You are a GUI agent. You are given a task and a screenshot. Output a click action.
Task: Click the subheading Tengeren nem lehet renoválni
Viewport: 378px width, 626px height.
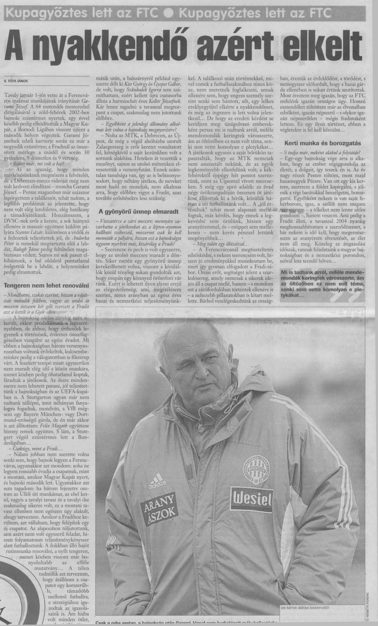point(45,285)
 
